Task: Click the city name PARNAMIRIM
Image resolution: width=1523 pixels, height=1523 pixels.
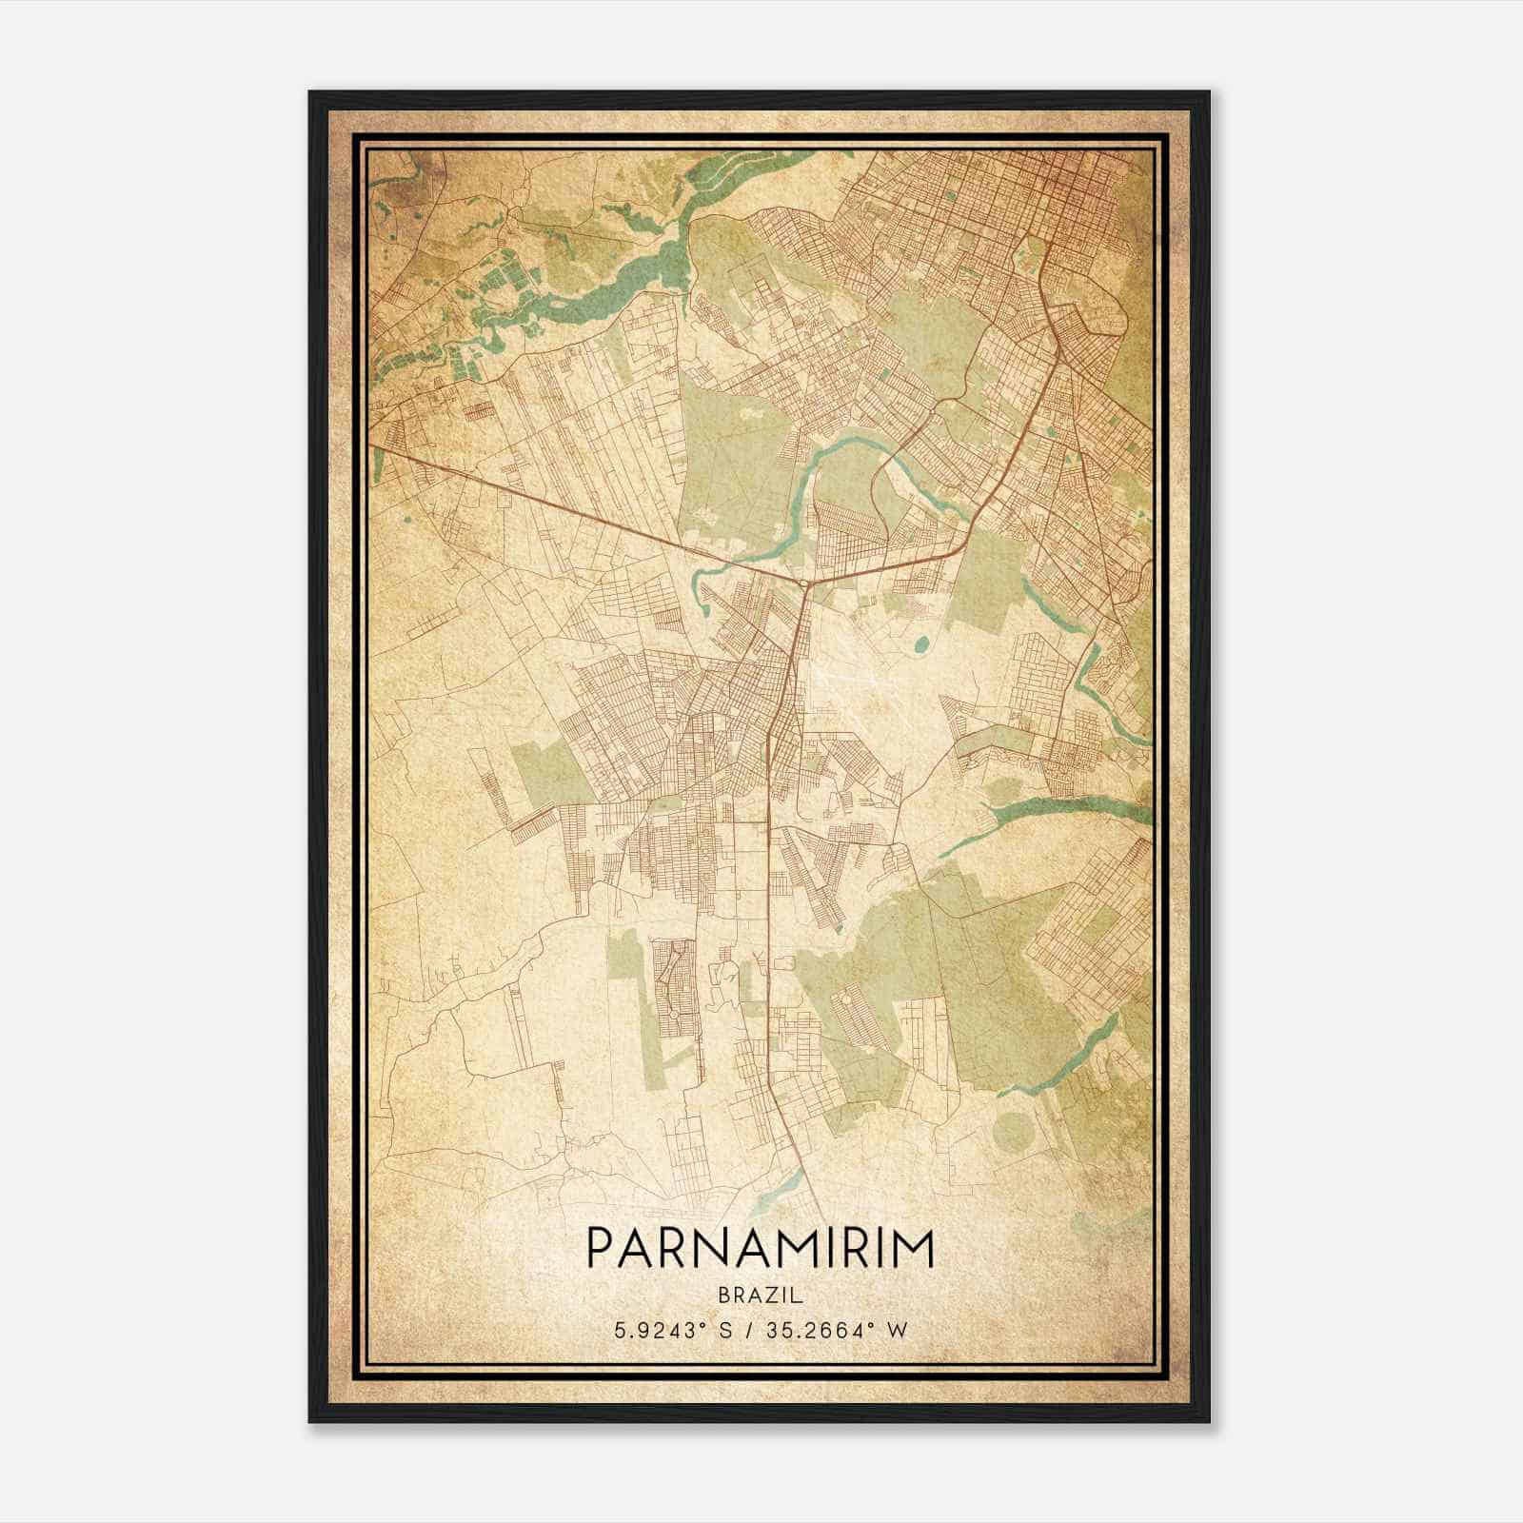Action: pos(760,1248)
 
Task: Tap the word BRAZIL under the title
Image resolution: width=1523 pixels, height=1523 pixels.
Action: pos(760,1296)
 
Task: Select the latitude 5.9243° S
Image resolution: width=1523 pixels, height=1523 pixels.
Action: pos(670,1330)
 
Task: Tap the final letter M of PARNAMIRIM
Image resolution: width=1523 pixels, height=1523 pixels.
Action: pos(915,1248)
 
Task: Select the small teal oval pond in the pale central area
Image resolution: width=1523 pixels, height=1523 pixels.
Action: pos(920,644)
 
